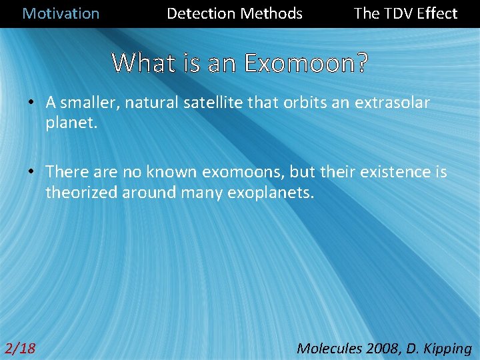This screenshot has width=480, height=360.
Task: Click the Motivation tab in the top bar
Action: point(61,13)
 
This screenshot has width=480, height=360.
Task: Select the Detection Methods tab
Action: point(234,13)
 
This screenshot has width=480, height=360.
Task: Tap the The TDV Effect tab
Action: point(405,13)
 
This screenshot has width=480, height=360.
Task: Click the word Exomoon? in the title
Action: point(306,63)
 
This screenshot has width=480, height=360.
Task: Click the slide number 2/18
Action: point(20,348)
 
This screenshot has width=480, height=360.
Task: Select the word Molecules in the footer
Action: point(329,348)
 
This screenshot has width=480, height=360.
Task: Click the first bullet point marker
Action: point(31,103)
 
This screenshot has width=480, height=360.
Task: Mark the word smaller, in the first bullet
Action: point(88,103)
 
